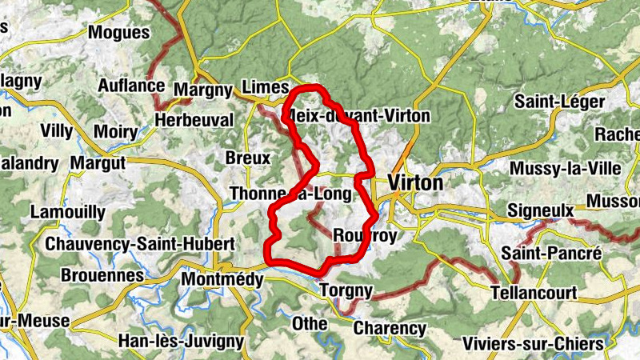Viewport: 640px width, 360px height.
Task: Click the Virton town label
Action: point(415,183)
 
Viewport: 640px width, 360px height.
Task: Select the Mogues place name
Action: point(118,33)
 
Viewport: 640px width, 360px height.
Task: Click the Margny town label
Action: point(202,89)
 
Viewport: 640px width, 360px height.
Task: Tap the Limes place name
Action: point(263,86)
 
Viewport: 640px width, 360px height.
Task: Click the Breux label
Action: point(248,158)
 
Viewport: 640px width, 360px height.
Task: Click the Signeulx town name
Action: point(541,211)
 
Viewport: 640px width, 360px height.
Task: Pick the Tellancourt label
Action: point(534,293)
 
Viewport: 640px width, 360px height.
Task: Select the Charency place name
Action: point(390,328)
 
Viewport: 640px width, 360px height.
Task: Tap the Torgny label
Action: point(346,290)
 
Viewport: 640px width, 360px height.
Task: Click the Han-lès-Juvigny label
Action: point(180,341)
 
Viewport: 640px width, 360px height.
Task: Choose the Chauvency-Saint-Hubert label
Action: point(141,243)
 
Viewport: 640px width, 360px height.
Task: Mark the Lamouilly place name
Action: point(67,212)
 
